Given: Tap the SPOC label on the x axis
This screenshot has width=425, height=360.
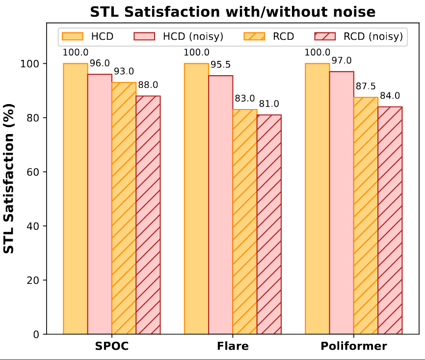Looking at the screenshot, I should pyautogui.click(x=112, y=346).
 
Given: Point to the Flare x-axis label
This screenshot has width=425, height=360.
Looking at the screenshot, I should pyautogui.click(x=233, y=346).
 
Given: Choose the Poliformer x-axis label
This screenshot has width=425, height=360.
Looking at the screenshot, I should pyautogui.click(x=354, y=346).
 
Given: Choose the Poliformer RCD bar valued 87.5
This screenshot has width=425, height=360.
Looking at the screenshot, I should pyautogui.click(x=366, y=216).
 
